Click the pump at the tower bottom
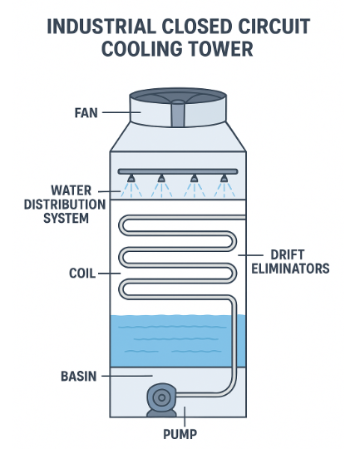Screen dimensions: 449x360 pos(160,397)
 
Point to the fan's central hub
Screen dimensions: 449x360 pos(180,114)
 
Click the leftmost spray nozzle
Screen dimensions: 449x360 pos(132,178)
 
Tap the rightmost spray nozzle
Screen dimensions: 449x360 pos(222,178)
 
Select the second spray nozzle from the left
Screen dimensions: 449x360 pos(162,178)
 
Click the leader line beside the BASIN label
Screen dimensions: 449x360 pos(117,376)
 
